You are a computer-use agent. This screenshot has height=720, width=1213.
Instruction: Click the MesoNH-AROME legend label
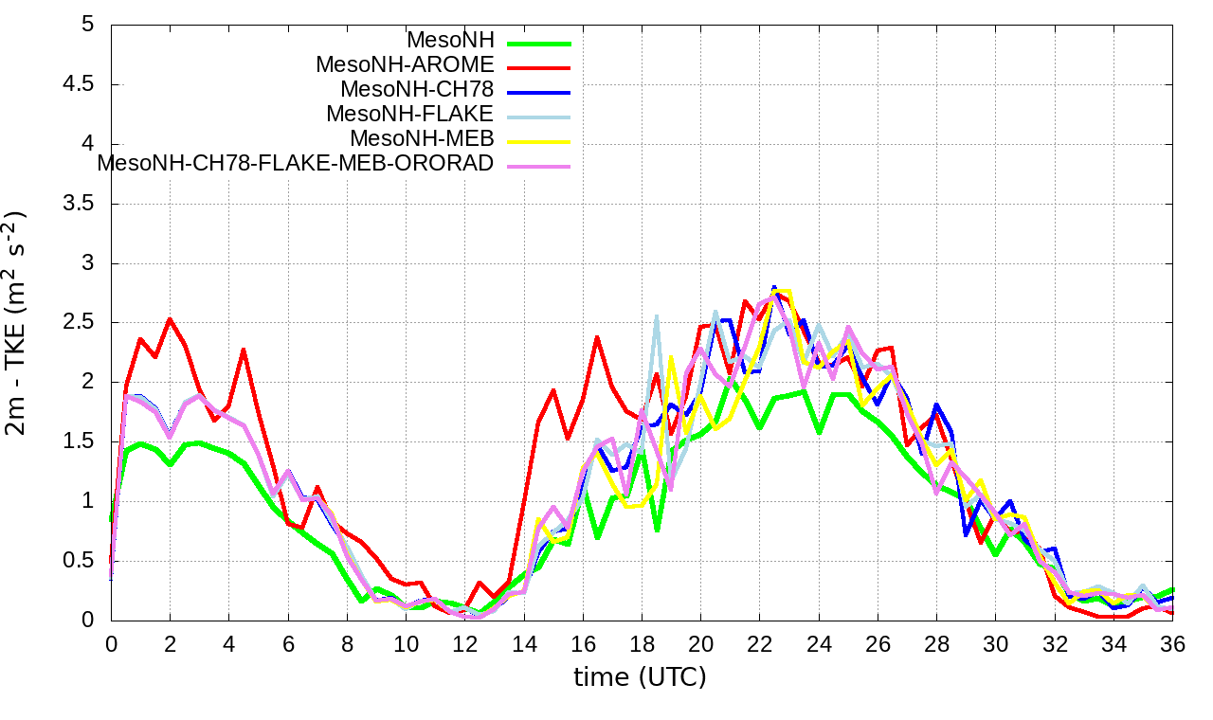(x=405, y=65)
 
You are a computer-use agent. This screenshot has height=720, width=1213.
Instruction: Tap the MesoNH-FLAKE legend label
(x=409, y=114)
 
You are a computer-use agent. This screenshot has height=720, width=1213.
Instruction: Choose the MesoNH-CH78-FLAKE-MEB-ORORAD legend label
(x=296, y=163)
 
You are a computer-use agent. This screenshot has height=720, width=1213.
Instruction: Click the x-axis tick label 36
(x=1172, y=643)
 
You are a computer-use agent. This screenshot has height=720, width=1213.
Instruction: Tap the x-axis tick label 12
(x=465, y=643)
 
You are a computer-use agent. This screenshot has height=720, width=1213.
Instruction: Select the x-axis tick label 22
(x=760, y=643)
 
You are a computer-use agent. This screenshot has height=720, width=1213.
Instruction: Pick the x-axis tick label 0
(x=112, y=643)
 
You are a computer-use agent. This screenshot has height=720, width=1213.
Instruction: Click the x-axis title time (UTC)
(x=640, y=677)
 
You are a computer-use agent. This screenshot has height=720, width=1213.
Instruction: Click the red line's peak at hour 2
(x=170, y=319)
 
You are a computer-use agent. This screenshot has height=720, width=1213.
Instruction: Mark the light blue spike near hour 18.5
(x=656, y=316)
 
